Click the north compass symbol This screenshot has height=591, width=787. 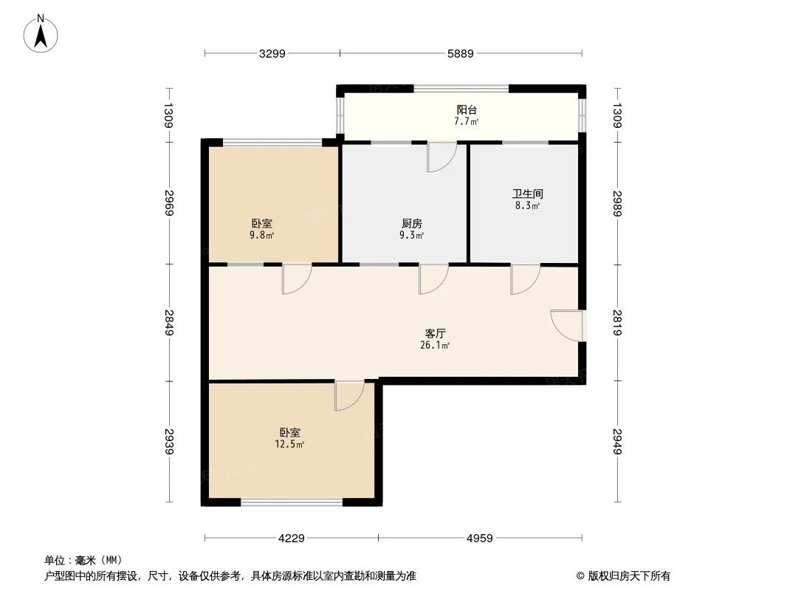click(42, 33)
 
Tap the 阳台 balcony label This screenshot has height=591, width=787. click(466, 110)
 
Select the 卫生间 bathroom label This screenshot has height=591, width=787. click(527, 194)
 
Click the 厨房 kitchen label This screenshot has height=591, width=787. click(411, 223)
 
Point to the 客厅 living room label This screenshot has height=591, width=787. click(435, 333)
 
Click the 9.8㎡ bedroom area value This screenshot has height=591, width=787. click(261, 236)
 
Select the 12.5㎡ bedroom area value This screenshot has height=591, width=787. click(289, 444)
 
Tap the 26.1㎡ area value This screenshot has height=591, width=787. click(435, 345)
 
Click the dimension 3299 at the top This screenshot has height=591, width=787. click(272, 53)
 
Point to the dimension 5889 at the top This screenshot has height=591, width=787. click(460, 53)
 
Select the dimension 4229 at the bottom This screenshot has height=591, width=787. click(292, 538)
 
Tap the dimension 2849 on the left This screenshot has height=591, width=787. click(169, 322)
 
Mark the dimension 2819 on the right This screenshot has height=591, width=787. click(617, 322)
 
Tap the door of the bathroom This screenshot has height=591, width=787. click(525, 279)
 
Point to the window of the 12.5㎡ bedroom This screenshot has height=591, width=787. click(292, 502)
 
